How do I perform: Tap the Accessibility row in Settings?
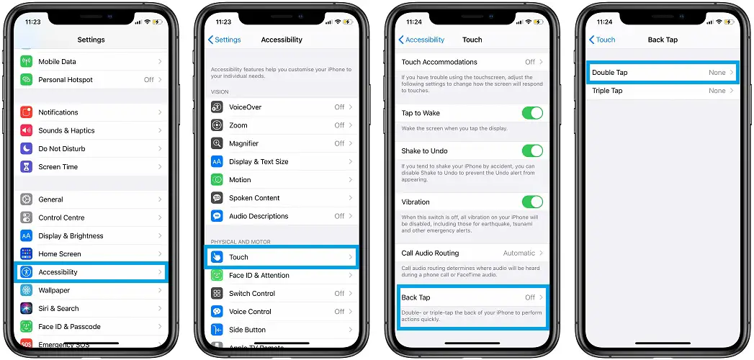pos(91,272)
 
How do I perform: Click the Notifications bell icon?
pos(27,112)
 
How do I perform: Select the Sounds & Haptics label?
pos(66,131)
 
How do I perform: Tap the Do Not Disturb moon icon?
pos(27,149)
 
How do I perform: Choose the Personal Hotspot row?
pos(91,80)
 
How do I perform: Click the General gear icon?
pos(27,199)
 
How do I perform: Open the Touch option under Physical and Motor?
pos(282,257)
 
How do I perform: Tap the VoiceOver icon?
pos(217,107)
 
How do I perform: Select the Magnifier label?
pos(244,144)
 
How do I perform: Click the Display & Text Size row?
pos(282,162)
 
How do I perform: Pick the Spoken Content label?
pos(254,198)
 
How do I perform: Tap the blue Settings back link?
pos(225,40)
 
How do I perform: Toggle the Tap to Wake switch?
pos(532,114)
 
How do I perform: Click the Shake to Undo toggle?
pos(532,151)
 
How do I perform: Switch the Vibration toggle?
pos(532,202)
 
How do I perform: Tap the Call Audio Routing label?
pos(431,253)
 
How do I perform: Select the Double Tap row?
pos(663,73)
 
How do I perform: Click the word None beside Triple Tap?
pos(717,91)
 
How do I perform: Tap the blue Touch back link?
pos(602,40)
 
